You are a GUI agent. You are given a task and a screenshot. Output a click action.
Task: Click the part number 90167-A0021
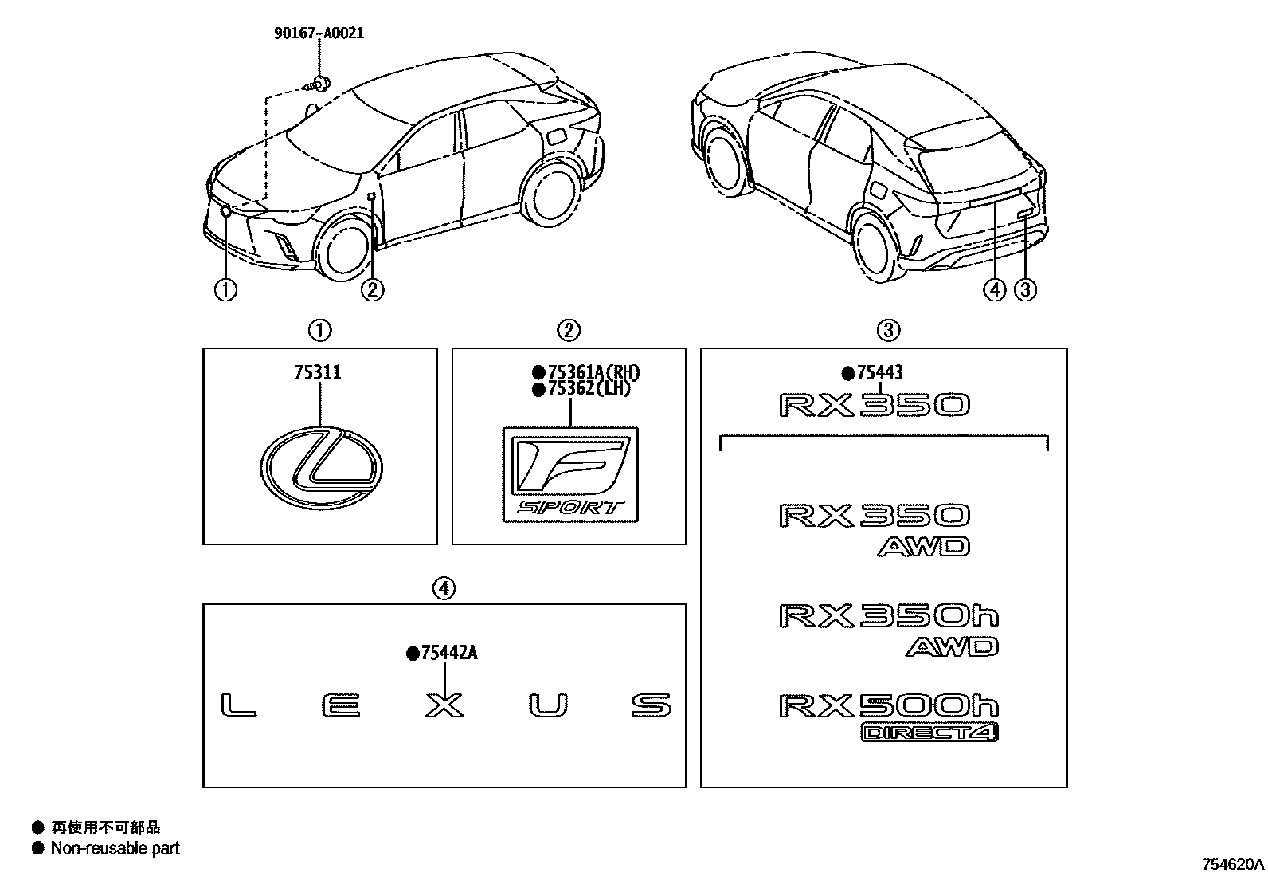coord(319,33)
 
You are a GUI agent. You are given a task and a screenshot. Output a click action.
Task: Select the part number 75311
coord(320,372)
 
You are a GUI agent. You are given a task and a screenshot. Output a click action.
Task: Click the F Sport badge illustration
coord(570,474)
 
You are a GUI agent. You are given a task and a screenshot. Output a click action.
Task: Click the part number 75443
coord(879,372)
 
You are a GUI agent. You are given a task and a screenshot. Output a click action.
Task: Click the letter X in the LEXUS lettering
coord(444,705)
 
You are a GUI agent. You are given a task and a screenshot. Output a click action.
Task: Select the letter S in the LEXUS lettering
coord(651,705)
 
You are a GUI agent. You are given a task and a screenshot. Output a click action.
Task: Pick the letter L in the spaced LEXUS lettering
coord(238,705)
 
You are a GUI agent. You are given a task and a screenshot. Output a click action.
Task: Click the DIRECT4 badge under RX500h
coord(929,733)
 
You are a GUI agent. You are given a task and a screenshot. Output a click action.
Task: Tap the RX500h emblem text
coord(888,705)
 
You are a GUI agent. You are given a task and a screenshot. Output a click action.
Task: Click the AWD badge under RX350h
coord(952,646)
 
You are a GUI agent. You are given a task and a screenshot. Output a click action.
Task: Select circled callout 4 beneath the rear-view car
coord(994,290)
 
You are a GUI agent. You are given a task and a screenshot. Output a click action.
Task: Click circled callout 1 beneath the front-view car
coord(225,290)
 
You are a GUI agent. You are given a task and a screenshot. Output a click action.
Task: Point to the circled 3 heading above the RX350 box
coord(888,330)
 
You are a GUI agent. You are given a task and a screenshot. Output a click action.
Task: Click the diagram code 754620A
coord(1233,864)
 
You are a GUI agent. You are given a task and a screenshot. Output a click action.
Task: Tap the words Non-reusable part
coord(115,848)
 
